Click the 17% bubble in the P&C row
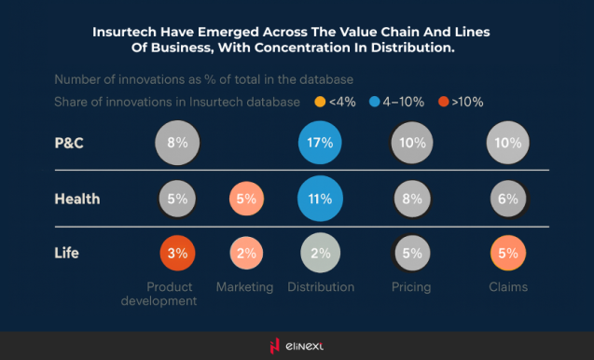point(321,143)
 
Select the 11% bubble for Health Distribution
point(321,199)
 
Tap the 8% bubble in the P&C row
point(178,143)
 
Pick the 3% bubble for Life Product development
point(178,253)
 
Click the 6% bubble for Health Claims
point(509,199)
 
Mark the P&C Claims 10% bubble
point(509,143)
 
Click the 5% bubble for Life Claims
point(509,253)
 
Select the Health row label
point(77,199)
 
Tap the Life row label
point(68,253)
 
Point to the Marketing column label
point(244,287)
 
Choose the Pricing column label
point(411,287)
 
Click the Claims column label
point(508,287)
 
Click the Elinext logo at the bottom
point(297,346)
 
